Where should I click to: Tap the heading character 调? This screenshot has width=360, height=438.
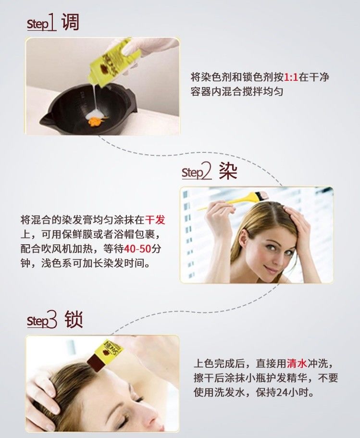70,22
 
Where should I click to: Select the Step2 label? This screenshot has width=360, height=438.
197,172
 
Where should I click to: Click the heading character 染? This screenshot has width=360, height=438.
228,171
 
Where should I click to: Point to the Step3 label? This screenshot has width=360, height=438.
42,320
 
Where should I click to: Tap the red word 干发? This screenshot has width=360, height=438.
155,220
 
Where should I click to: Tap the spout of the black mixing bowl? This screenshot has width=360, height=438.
47,119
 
